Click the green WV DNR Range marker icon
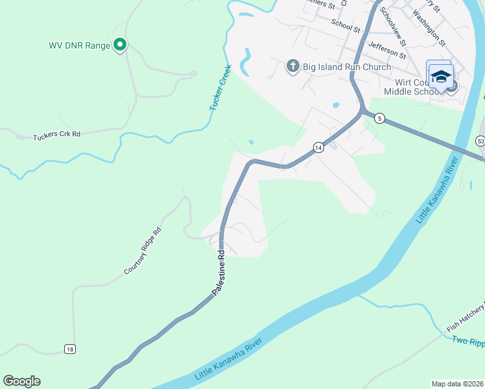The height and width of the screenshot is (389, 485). (x=120, y=45)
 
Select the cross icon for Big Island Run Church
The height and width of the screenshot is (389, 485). (x=292, y=66)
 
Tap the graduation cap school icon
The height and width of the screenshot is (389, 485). (x=441, y=77)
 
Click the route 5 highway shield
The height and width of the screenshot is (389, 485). (x=380, y=118)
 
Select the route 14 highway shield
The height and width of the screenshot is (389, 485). (x=318, y=147)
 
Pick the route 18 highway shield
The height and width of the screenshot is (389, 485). (x=70, y=349)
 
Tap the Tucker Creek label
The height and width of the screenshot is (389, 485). (x=221, y=91)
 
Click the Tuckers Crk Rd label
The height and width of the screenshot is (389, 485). (x=57, y=135)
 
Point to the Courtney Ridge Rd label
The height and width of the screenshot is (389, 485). (x=143, y=252)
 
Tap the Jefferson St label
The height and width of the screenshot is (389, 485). (x=386, y=49)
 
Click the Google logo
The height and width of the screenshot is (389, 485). (x=21, y=381)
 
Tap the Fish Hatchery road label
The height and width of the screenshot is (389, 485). (x=463, y=315)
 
